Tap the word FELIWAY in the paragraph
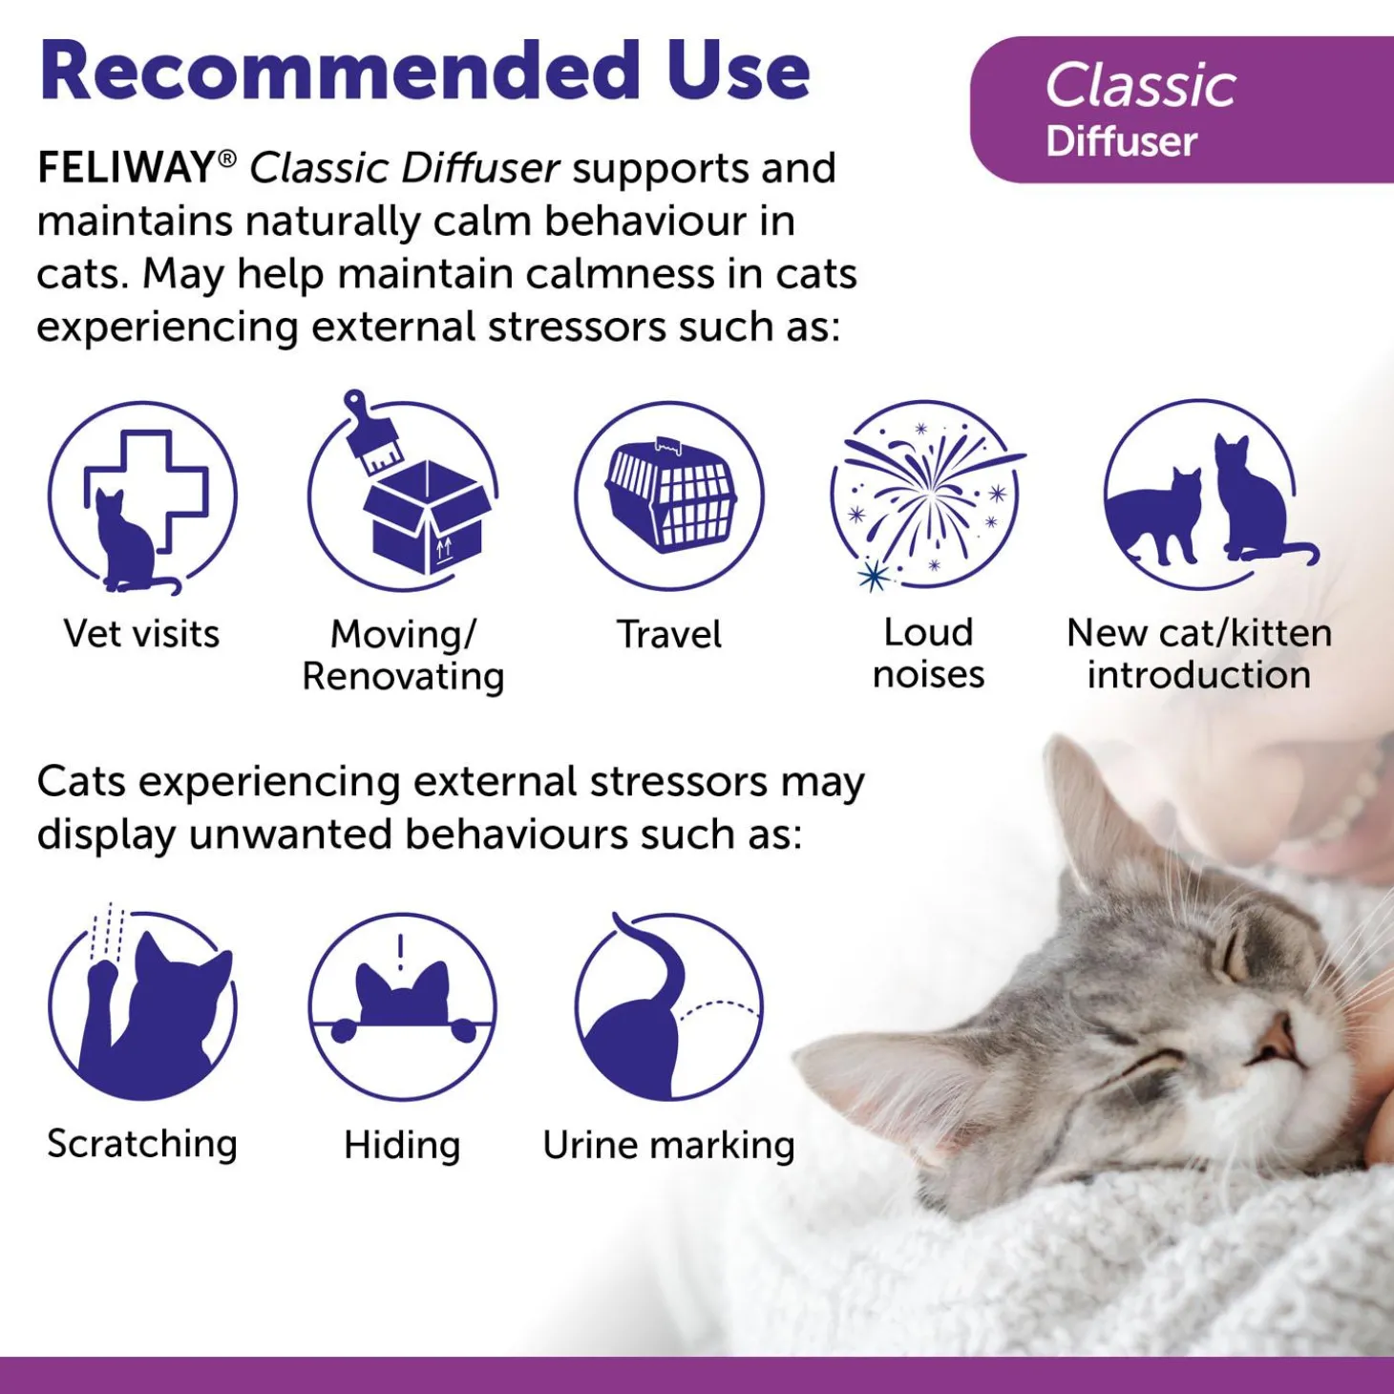click(x=124, y=168)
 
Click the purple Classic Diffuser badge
click(x=1181, y=109)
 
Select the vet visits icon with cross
click(x=142, y=497)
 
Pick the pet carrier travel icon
click(x=669, y=496)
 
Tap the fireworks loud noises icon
click(x=927, y=496)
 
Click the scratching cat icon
click(x=142, y=1004)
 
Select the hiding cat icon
click(x=403, y=1006)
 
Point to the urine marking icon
click(x=669, y=1006)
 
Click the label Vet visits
click(x=142, y=634)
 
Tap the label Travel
click(x=669, y=634)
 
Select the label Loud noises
click(x=928, y=654)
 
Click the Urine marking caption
click(x=668, y=1145)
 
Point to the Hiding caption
click(x=402, y=1145)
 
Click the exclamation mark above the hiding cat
click(x=400, y=952)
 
